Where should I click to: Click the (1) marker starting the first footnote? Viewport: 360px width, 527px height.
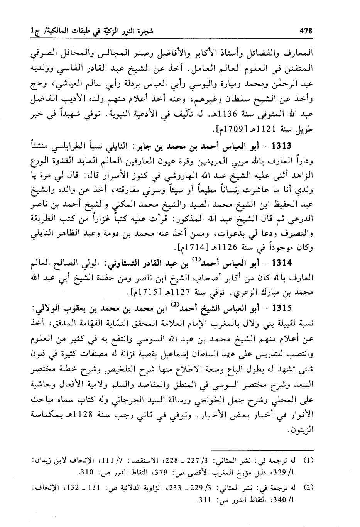point(309,461)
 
